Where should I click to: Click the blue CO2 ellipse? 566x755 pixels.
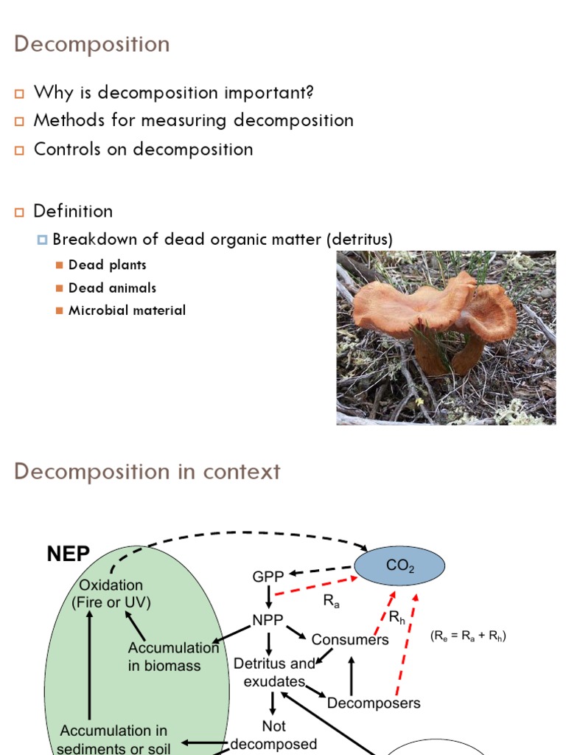(400, 566)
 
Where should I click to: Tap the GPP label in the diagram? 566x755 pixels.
(268, 577)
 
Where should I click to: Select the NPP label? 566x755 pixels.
(268, 620)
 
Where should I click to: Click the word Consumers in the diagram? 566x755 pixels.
(350, 639)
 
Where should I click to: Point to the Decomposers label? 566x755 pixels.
(374, 703)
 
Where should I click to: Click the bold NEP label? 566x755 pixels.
(69, 554)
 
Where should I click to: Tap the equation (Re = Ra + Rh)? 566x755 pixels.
(469, 636)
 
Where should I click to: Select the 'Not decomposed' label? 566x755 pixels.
(273, 735)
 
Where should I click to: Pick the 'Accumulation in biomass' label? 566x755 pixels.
(174, 656)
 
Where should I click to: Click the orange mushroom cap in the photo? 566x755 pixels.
(435, 304)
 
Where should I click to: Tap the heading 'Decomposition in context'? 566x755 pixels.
(147, 471)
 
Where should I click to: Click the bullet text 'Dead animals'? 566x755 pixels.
(112, 288)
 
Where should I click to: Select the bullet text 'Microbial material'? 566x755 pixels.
(127, 310)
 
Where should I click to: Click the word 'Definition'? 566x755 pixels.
(73, 211)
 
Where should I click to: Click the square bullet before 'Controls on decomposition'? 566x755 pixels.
(20, 150)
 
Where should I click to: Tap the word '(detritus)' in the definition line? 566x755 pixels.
(358, 240)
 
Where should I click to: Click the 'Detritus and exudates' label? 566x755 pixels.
(273, 672)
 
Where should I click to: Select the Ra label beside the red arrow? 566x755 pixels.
(332, 601)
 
